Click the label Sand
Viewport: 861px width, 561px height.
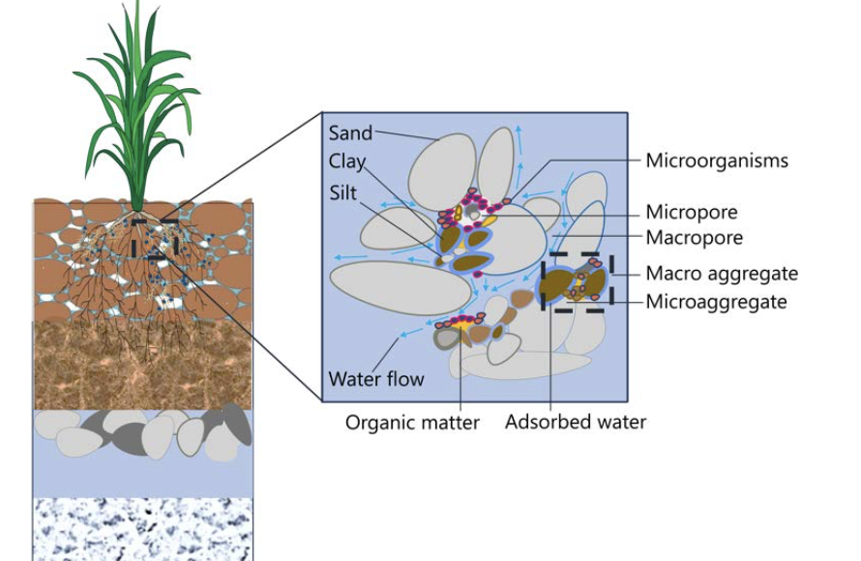(x=350, y=133)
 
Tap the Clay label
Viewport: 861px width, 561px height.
(x=347, y=162)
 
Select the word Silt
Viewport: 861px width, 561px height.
(x=343, y=192)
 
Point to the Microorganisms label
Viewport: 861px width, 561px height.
(x=717, y=161)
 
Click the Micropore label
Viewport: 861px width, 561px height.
(x=692, y=212)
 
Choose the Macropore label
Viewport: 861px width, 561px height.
(x=694, y=238)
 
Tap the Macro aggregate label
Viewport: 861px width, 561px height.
(x=722, y=274)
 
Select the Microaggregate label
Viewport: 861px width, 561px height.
(x=716, y=302)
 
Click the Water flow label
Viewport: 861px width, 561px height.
(x=376, y=379)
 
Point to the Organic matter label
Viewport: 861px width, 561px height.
(x=412, y=423)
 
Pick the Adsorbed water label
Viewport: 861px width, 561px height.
(x=576, y=422)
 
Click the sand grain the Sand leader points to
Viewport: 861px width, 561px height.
(x=442, y=171)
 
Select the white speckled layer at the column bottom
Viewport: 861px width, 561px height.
(x=143, y=529)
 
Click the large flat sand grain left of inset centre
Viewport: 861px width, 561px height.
(x=401, y=288)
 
